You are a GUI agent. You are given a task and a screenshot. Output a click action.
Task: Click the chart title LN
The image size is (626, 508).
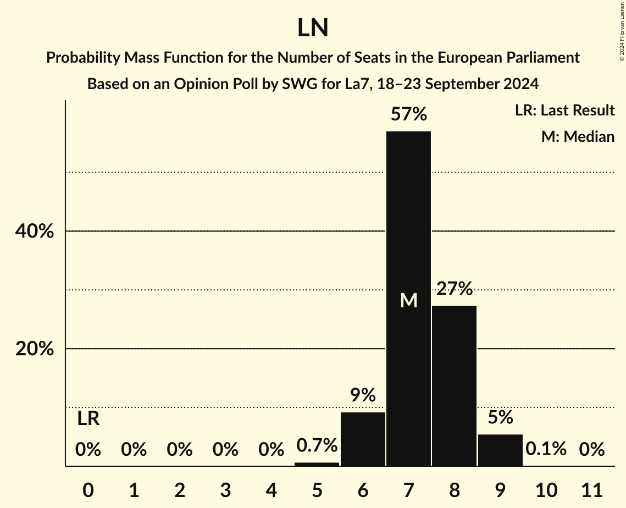[x=313, y=28]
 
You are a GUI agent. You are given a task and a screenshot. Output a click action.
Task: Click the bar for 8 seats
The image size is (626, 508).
[x=454, y=385]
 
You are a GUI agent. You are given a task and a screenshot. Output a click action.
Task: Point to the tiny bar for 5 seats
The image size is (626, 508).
[x=317, y=464]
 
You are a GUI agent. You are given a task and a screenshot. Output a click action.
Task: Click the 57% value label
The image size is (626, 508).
[x=408, y=114]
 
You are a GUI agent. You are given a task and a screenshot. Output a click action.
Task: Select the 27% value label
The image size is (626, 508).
[x=454, y=288]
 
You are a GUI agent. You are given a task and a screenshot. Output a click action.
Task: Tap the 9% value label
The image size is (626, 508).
[x=363, y=395]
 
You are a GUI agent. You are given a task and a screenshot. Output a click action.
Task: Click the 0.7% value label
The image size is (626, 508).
[x=317, y=445]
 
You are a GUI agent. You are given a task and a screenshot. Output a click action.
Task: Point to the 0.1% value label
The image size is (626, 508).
[x=546, y=449]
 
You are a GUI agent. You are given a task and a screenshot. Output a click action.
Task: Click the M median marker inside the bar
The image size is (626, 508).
[x=408, y=301]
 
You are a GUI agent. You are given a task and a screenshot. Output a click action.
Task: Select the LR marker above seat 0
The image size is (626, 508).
[x=88, y=419]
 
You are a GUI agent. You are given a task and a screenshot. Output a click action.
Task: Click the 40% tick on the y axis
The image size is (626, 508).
[x=35, y=231]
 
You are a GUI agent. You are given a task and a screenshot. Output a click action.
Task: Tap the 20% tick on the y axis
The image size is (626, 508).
[x=35, y=349]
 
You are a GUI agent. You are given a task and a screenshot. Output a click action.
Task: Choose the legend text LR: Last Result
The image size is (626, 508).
[x=564, y=111]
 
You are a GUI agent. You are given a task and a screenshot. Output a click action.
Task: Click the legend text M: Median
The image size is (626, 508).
[x=578, y=136]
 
